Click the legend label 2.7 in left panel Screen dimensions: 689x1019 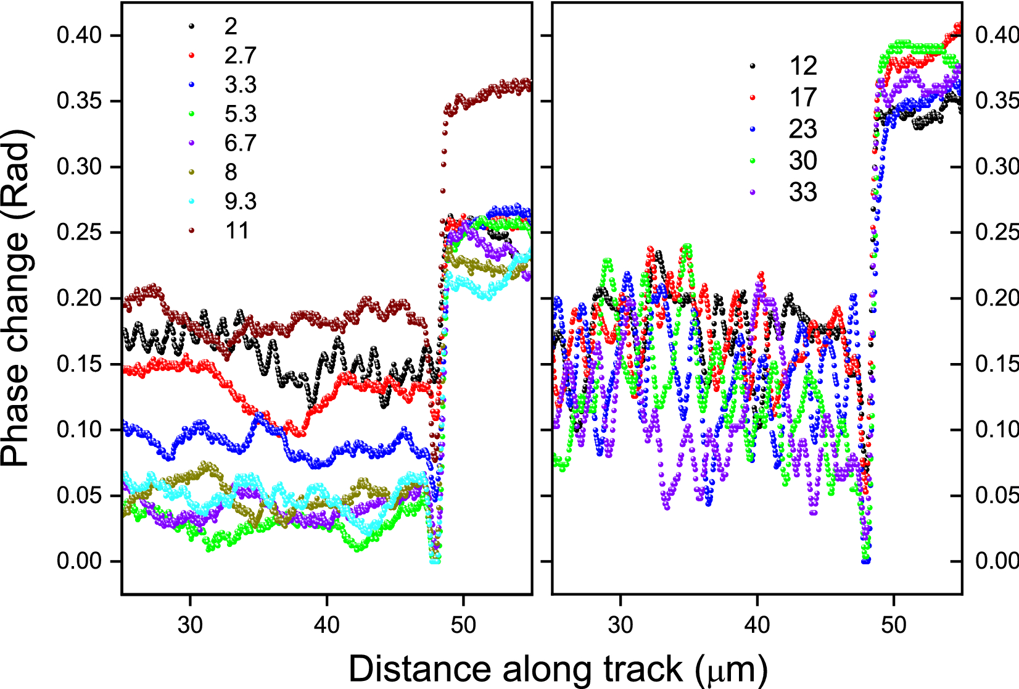tap(240, 56)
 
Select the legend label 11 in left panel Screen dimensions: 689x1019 tap(237, 231)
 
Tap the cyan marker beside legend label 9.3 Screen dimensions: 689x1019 tap(192, 201)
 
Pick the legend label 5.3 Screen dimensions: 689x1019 tap(240, 114)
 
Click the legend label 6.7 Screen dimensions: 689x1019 tap(240, 143)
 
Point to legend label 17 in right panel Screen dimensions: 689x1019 tap(802, 98)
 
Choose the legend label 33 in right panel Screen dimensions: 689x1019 tap(802, 193)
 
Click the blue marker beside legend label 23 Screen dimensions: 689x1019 tap(753, 130)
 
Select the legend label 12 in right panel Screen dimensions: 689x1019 tap(802, 66)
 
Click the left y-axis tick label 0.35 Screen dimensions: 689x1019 tap(79, 101)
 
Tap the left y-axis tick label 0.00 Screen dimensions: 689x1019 tap(79, 561)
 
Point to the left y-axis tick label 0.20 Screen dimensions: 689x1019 tap(79, 298)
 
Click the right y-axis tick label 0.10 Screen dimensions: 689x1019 tap(996, 430)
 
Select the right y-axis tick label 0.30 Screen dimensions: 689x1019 tap(996, 167)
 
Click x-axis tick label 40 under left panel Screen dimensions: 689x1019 tap(326, 625)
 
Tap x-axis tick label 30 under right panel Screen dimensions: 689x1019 tap(620, 625)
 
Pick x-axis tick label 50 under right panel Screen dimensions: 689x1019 tap(893, 625)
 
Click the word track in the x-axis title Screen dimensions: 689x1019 tap(643, 669)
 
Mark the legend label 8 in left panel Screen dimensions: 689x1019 tap(231, 172)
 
